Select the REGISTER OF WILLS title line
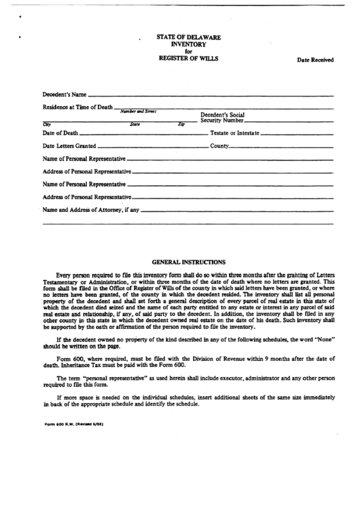tap(189, 59)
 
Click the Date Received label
tap(314, 60)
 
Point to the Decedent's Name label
tap(65, 94)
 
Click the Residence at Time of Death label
tap(77, 107)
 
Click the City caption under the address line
tap(47, 124)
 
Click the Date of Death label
tap(60, 133)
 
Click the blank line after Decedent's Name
tap(211, 95)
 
